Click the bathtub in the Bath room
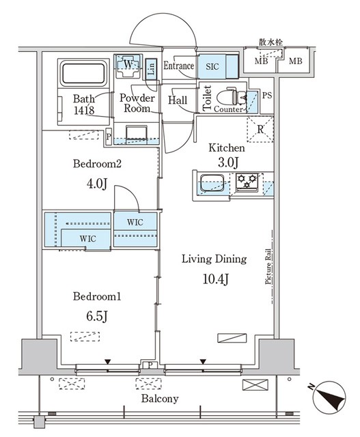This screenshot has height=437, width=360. tap(83, 73)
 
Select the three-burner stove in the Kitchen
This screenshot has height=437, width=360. tap(247, 182)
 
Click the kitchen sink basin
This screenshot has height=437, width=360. tap(212, 183)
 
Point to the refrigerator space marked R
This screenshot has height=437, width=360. tap(260, 130)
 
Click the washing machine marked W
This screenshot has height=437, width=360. tap(128, 66)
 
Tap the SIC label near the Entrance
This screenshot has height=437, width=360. tap(212, 67)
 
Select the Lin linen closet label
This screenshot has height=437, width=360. tap(151, 69)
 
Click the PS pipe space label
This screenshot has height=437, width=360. tap(267, 96)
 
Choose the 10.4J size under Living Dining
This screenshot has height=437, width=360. tap(216, 279)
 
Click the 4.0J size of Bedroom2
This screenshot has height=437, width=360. tap(97, 184)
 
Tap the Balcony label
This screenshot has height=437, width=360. tap(160, 399)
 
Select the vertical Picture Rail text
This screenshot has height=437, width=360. tap(268, 266)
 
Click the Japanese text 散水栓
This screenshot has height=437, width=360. tap(271, 42)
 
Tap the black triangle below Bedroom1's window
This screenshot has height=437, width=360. tap(108, 362)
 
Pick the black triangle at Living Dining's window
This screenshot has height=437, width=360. tap(203, 362)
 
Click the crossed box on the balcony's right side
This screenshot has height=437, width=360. tap(255, 385)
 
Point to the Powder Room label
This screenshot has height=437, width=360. tap(137, 103)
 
